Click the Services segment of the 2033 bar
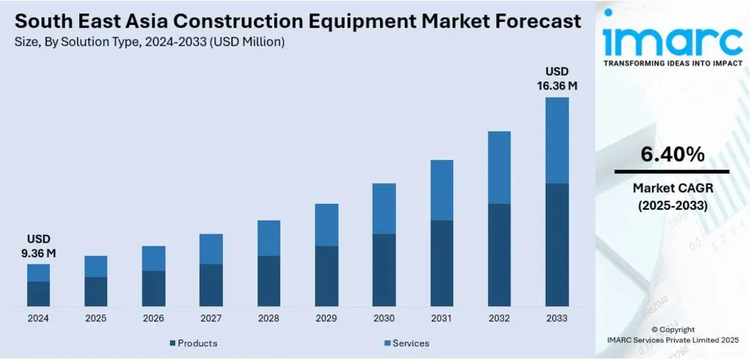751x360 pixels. coord(557,140)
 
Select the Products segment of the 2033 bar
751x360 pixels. coord(557,244)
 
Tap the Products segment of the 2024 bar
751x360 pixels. coord(38,293)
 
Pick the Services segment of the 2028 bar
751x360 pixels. coord(268,238)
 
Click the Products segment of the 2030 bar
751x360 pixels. coord(384,270)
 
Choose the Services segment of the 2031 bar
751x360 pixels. coord(442,190)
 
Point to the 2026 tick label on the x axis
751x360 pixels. coord(153,318)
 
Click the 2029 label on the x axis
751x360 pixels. coord(326,318)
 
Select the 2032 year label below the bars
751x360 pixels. coord(499,318)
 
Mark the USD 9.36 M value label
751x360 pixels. coord(39,246)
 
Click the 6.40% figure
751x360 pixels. coord(672,155)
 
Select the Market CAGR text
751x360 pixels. coord(672,189)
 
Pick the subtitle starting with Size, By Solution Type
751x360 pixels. coord(150,43)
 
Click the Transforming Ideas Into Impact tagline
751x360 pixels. coord(672,64)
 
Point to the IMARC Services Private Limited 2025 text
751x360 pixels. coord(672,341)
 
